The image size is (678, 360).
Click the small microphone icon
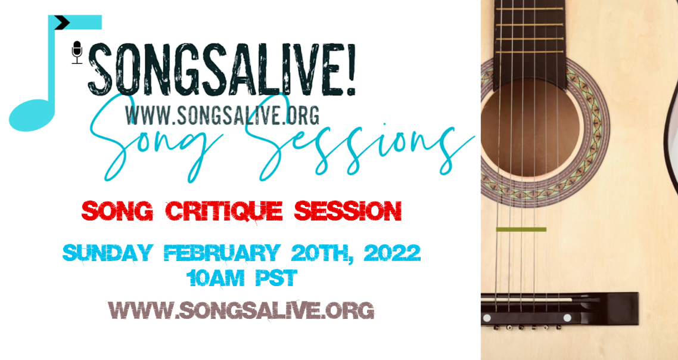pyautogui.click(x=77, y=52)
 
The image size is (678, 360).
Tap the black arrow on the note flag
pyautogui.click(x=63, y=23)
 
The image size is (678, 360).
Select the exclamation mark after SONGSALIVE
pyautogui.click(x=350, y=69)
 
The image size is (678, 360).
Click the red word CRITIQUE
pyautogui.click(x=225, y=212)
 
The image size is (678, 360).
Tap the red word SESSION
pyautogui.click(x=348, y=212)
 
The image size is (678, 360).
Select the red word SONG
pyautogui.click(x=117, y=212)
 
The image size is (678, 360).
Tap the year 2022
pyautogui.click(x=392, y=253)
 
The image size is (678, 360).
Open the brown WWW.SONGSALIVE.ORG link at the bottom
pyautogui.click(x=241, y=311)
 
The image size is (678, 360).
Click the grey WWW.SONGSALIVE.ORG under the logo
pyautogui.click(x=222, y=114)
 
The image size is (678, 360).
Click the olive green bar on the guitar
pyautogui.click(x=521, y=229)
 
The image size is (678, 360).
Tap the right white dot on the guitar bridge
pyautogui.click(x=567, y=318)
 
